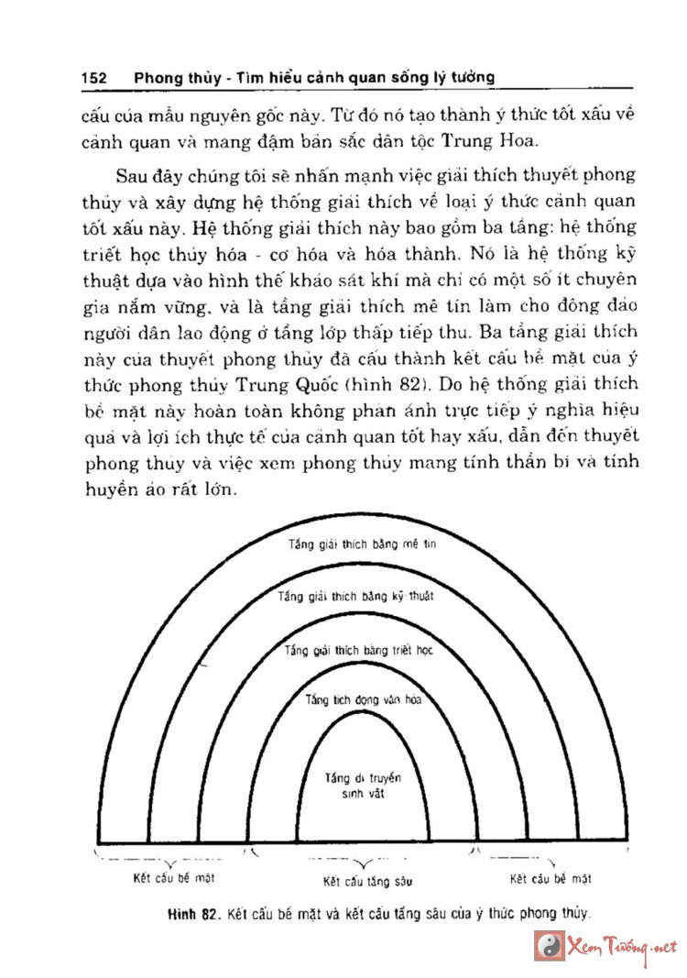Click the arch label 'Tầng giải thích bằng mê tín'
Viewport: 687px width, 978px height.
click(x=364, y=544)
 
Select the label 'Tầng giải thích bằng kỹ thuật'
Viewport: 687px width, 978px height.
click(x=356, y=596)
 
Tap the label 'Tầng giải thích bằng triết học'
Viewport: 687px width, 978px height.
click(x=358, y=650)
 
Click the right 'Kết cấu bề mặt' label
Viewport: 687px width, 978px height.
click(x=551, y=878)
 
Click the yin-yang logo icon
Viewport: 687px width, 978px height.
click(x=548, y=945)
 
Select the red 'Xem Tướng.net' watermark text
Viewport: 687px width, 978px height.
click(x=623, y=946)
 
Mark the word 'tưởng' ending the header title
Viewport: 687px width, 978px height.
click(x=470, y=78)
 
